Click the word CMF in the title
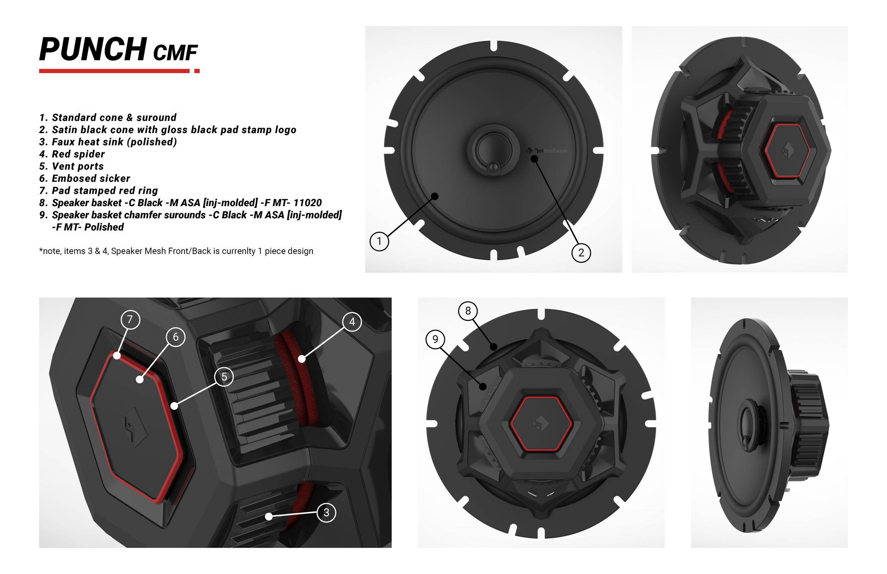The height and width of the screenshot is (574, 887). pos(175,53)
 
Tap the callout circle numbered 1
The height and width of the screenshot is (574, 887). pos(379,241)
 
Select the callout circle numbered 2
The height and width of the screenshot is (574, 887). pos(581,253)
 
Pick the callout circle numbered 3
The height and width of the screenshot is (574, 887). pos(326,513)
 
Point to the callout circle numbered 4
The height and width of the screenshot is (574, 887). pos(352,322)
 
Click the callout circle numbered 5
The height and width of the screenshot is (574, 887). pos(224,377)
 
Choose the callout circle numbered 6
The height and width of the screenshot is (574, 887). pos(176,337)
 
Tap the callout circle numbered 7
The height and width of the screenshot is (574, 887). pos(130,319)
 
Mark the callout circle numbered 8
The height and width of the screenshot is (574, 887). pos(468,311)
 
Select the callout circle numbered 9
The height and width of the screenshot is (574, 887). pos(435,339)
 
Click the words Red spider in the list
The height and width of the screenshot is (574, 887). pos(78,154)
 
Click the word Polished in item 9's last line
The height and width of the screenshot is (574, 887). pos(104,227)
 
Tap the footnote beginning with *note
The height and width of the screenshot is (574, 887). pos(176,251)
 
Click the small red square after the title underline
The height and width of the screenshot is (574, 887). pos(197,71)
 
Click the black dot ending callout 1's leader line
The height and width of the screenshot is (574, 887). pos(435,196)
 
